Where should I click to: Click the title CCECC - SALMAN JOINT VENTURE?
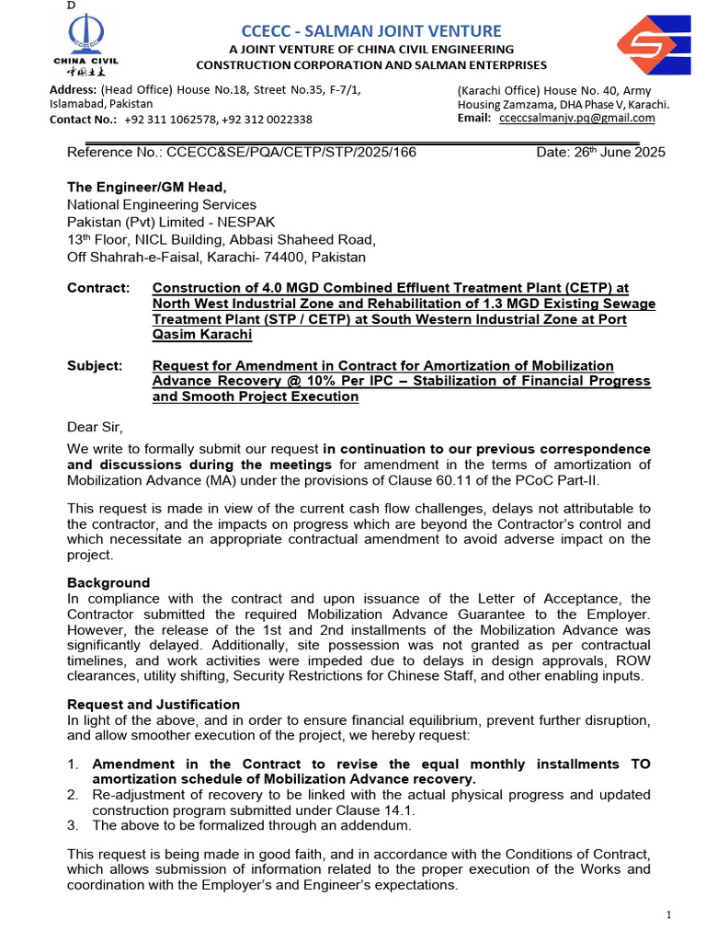point(371,30)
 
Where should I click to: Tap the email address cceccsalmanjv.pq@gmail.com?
point(576,118)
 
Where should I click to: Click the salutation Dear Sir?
point(95,426)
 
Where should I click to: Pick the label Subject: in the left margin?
point(95,365)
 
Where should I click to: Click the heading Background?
point(108,582)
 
